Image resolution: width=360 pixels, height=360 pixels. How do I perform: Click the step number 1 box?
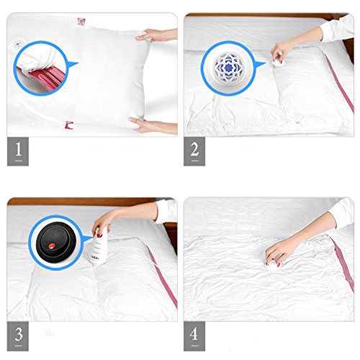click(18, 151)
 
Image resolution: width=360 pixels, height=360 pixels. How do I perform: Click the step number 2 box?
click(194, 151)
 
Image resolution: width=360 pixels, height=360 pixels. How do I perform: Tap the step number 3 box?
click(18, 336)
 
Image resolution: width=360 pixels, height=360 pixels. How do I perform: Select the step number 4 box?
click(194, 336)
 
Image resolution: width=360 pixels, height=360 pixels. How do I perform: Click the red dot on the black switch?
click(51, 246)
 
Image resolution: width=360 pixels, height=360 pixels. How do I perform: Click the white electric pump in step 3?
click(98, 247)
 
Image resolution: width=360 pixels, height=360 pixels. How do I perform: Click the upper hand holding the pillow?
click(157, 35)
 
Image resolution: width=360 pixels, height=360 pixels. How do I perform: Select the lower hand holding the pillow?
click(153, 125)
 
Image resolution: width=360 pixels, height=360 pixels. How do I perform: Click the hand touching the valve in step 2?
click(282, 53)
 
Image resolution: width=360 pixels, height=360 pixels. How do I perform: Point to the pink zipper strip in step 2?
click(340, 84)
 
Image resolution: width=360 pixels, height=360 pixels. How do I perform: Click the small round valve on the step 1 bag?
click(18, 45)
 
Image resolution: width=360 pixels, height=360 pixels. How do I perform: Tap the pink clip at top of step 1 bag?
click(81, 22)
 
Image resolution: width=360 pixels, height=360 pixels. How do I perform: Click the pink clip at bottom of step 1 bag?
click(69, 125)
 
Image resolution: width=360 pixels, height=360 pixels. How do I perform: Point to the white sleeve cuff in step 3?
click(166, 211)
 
